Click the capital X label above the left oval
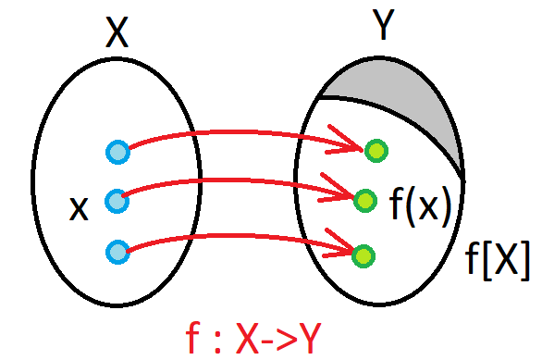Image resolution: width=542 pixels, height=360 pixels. click(x=117, y=32)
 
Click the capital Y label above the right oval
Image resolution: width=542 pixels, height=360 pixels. click(x=383, y=24)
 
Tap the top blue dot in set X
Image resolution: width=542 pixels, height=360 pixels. click(x=117, y=152)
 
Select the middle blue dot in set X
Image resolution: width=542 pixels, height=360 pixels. click(x=117, y=201)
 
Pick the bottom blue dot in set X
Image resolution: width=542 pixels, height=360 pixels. click(x=117, y=252)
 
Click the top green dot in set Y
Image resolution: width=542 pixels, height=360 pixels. click(x=376, y=151)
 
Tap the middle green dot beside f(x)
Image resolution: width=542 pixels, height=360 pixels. click(x=365, y=201)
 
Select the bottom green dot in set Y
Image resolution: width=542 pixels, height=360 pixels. click(x=363, y=256)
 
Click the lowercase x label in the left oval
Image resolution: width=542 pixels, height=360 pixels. click(x=79, y=209)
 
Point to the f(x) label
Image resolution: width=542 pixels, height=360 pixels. click(x=421, y=206)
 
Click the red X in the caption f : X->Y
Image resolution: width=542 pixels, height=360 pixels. click(x=248, y=338)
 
